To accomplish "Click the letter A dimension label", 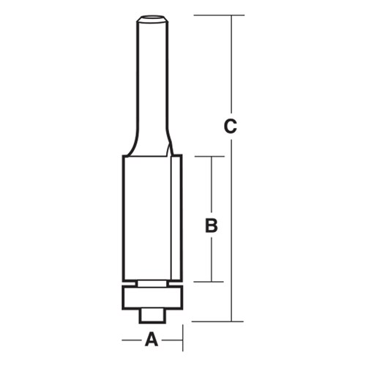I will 152,339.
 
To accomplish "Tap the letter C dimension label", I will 231,127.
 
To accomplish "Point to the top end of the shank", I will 152,15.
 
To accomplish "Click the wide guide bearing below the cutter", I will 152,296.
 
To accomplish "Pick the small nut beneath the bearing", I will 152,315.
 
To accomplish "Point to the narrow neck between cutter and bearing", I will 152,282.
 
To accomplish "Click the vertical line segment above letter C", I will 231,66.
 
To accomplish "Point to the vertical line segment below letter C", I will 231,227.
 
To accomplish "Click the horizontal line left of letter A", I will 131,340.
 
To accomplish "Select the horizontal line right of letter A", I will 172,340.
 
